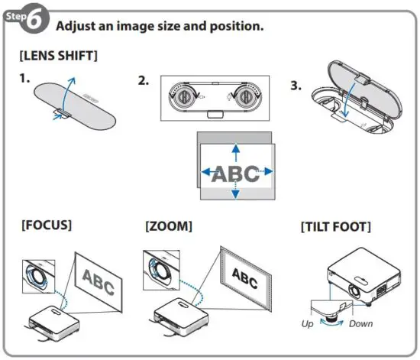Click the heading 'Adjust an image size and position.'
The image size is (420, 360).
pyautogui.click(x=160, y=26)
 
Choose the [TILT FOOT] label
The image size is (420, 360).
pyautogui.click(x=337, y=226)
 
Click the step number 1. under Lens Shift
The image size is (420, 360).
pyautogui.click(x=26, y=79)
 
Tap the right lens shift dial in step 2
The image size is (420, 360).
pyautogui.click(x=244, y=97)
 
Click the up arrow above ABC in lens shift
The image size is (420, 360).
pyautogui.click(x=235, y=150)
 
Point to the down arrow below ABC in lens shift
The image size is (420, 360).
pyautogui.click(x=235, y=193)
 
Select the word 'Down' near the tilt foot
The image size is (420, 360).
pyautogui.click(x=360, y=323)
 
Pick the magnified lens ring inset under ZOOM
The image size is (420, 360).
pyautogui.click(x=160, y=268)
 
